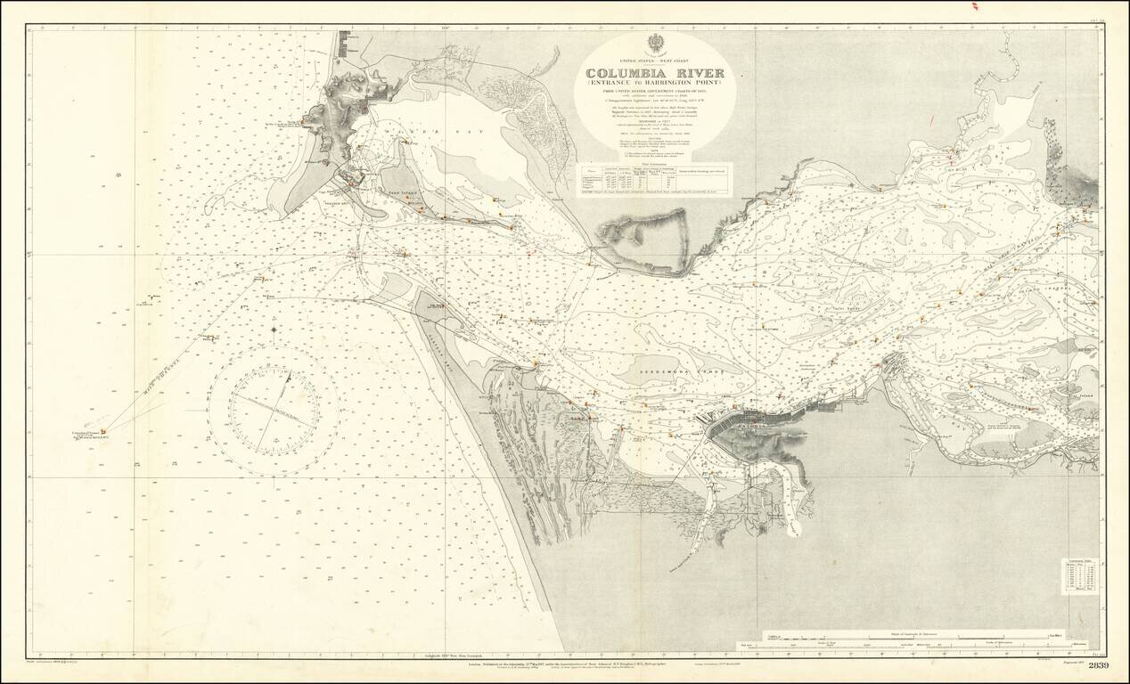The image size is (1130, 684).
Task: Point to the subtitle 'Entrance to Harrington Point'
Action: (655, 85)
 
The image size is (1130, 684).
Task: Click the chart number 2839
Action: (1099, 667)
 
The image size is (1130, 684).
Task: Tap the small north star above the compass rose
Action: (274, 330)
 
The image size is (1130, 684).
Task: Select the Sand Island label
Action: (403, 191)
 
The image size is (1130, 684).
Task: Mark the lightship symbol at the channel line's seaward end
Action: (91, 425)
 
